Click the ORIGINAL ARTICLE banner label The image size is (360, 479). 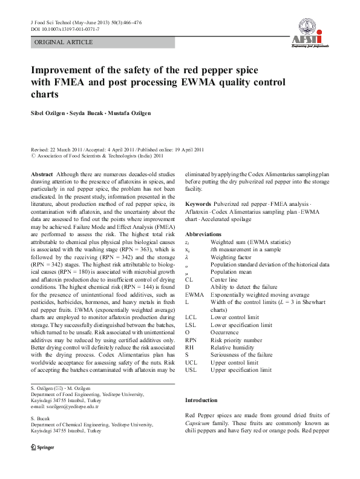click(x=64, y=42)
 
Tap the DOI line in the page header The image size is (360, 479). click(x=65, y=28)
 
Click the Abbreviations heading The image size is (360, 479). click(x=203, y=234)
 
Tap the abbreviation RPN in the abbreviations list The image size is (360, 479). click(x=191, y=340)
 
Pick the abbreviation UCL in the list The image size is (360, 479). click(x=191, y=362)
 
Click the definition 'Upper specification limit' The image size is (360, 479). click(x=241, y=369)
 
